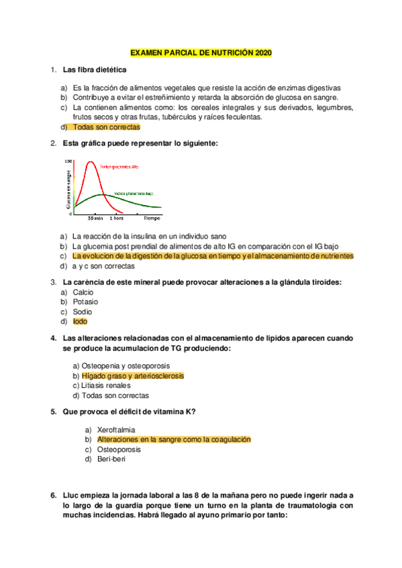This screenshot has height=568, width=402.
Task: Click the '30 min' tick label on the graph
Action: [95, 218]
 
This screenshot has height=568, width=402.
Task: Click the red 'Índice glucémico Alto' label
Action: [119, 167]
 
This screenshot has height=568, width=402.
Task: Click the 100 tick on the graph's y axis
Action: [68, 161]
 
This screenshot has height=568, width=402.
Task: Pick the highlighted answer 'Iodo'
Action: [80, 321]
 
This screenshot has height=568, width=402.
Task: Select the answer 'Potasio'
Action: [85, 302]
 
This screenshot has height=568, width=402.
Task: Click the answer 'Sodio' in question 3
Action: [83, 311]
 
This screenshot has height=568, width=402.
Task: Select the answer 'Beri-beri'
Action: [111, 459]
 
